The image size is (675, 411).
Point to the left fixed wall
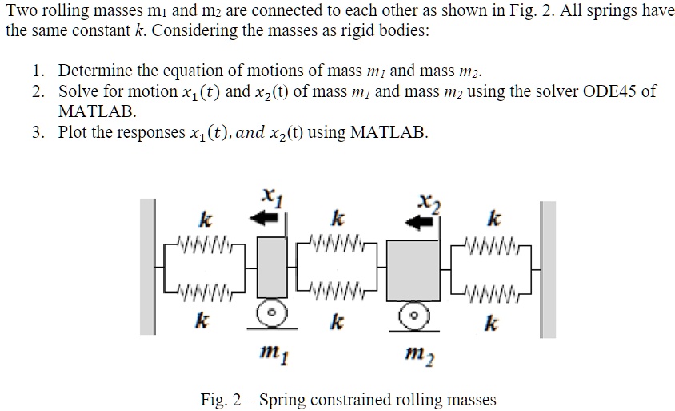[147, 265]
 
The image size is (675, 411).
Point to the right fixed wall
[546, 265]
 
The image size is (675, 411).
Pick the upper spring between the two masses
[340, 241]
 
